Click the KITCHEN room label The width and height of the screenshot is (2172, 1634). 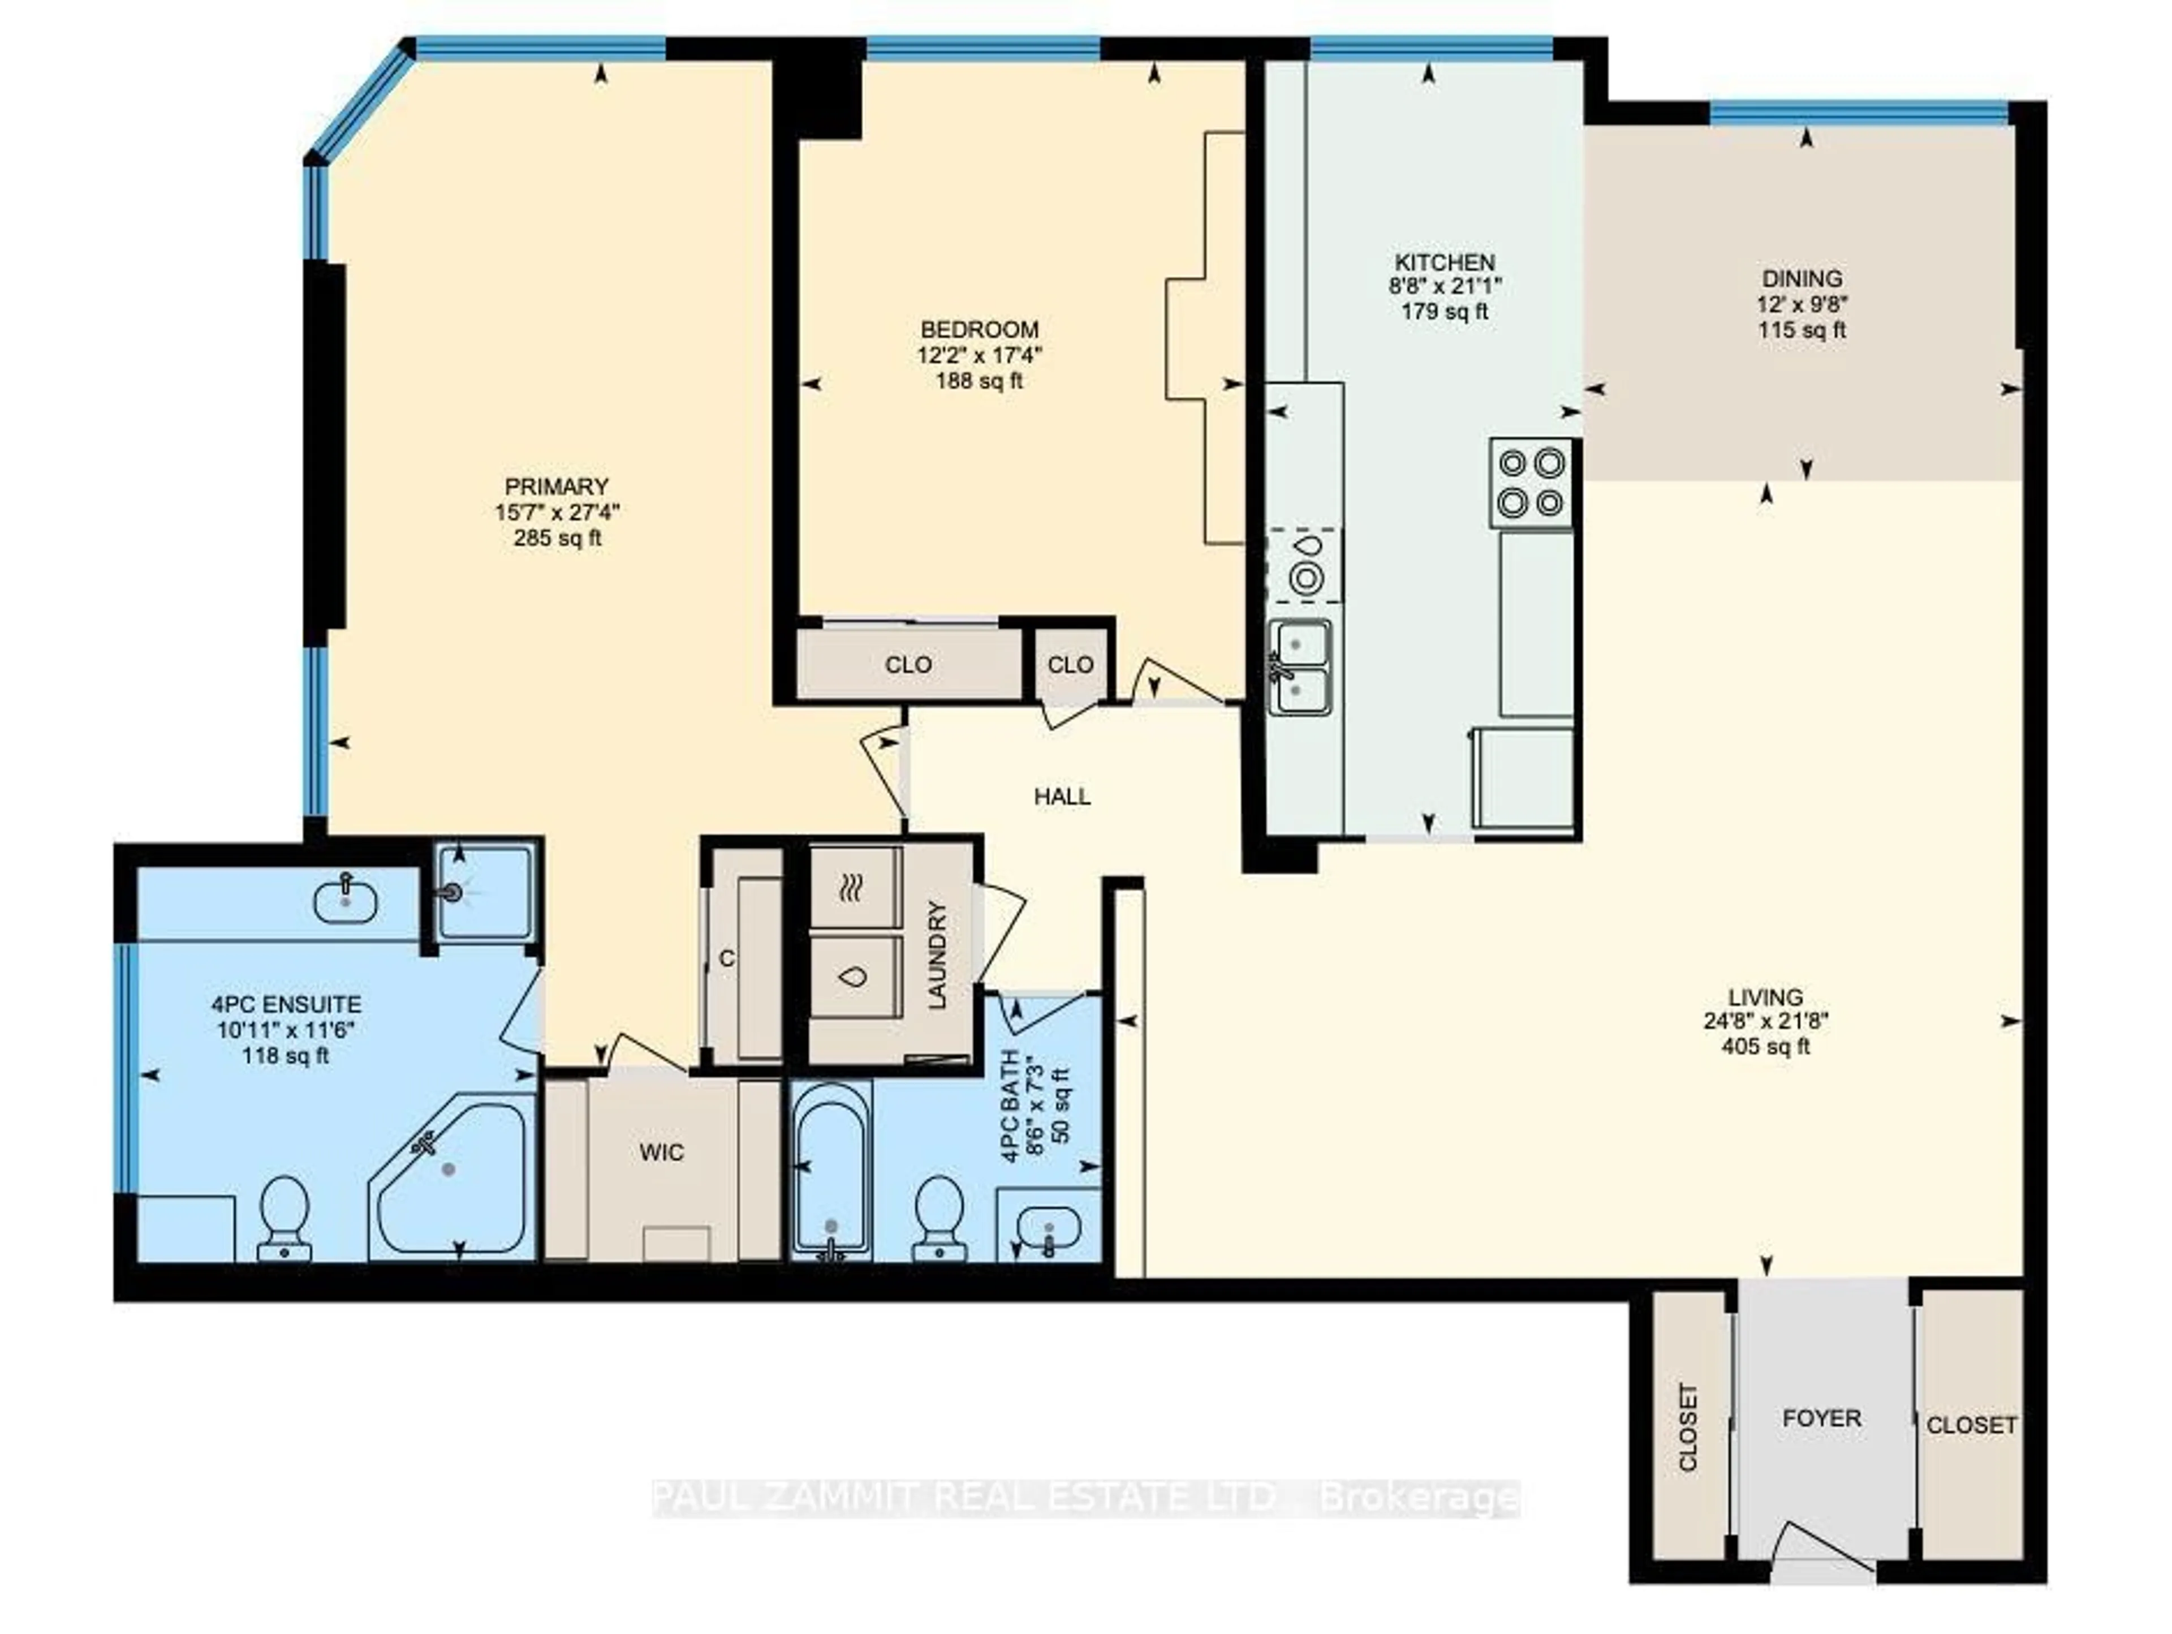pyautogui.click(x=1445, y=262)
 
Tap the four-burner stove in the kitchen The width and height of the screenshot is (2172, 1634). pyautogui.click(x=1531, y=482)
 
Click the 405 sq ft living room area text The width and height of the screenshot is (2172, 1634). pyautogui.click(x=1765, y=1047)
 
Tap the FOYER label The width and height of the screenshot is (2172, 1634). pyautogui.click(x=1821, y=1418)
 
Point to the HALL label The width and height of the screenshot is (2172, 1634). pyautogui.click(x=1062, y=797)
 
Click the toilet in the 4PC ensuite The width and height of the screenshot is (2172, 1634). pyautogui.click(x=285, y=1218)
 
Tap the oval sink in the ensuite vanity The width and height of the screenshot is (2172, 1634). pyautogui.click(x=344, y=901)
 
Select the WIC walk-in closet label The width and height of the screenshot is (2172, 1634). pyautogui.click(x=661, y=1152)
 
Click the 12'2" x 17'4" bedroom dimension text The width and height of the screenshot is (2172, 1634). pyautogui.click(x=979, y=355)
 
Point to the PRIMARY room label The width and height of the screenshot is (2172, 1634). pyautogui.click(x=557, y=486)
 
